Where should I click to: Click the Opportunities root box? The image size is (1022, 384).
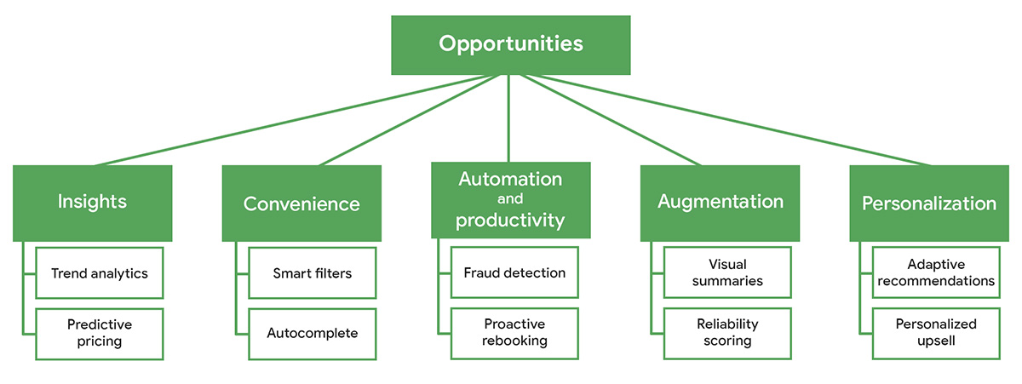510,44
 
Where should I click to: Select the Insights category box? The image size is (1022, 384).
92,203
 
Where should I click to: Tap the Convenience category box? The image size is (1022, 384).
301,203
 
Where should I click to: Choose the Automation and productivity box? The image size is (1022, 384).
510,199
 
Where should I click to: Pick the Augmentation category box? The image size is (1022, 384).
720,203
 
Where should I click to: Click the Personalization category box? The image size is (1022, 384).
928,203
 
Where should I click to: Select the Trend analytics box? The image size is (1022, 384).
99,273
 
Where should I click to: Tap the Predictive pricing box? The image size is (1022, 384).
99,333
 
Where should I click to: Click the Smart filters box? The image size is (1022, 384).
312,273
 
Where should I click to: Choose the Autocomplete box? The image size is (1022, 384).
312,333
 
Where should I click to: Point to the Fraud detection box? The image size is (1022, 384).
514,273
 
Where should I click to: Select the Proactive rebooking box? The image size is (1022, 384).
514,333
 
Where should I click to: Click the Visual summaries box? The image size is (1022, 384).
727,273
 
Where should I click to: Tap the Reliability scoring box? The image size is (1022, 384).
727,333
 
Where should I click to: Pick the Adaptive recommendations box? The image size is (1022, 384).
936,273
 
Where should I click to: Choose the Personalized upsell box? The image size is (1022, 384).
936,333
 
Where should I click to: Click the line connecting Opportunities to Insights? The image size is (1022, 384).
290,121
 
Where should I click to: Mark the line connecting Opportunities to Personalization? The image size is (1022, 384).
732,121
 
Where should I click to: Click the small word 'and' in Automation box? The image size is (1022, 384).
509,200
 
